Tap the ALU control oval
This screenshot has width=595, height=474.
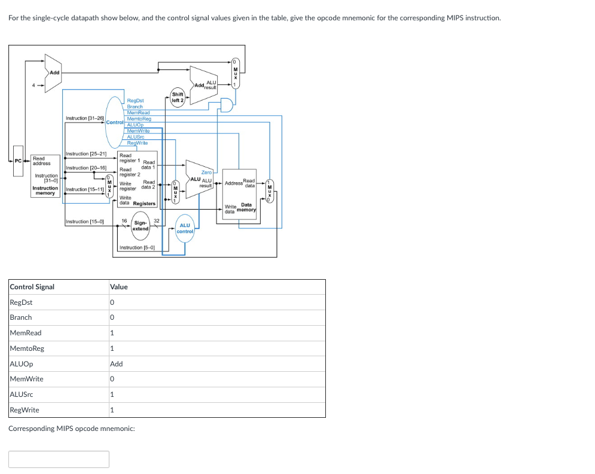(x=185, y=228)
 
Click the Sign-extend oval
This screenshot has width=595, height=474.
(x=141, y=227)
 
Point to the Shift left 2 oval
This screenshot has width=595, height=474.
(x=178, y=97)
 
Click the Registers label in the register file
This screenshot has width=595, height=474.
(x=144, y=204)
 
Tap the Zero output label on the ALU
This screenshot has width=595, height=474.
(x=206, y=172)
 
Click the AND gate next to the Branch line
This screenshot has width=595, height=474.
(x=227, y=105)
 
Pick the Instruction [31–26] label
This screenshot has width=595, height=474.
(x=84, y=118)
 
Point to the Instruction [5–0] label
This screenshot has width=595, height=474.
(x=137, y=247)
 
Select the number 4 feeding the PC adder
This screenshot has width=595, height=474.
(x=34, y=84)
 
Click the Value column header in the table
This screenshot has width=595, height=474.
(x=119, y=287)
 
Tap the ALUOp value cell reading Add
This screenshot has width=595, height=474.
(x=117, y=364)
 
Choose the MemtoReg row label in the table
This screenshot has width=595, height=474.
(x=27, y=348)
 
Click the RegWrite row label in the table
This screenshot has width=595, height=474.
(x=25, y=410)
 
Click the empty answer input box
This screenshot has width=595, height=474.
(x=59, y=459)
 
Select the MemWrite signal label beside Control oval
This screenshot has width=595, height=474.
(x=138, y=130)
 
